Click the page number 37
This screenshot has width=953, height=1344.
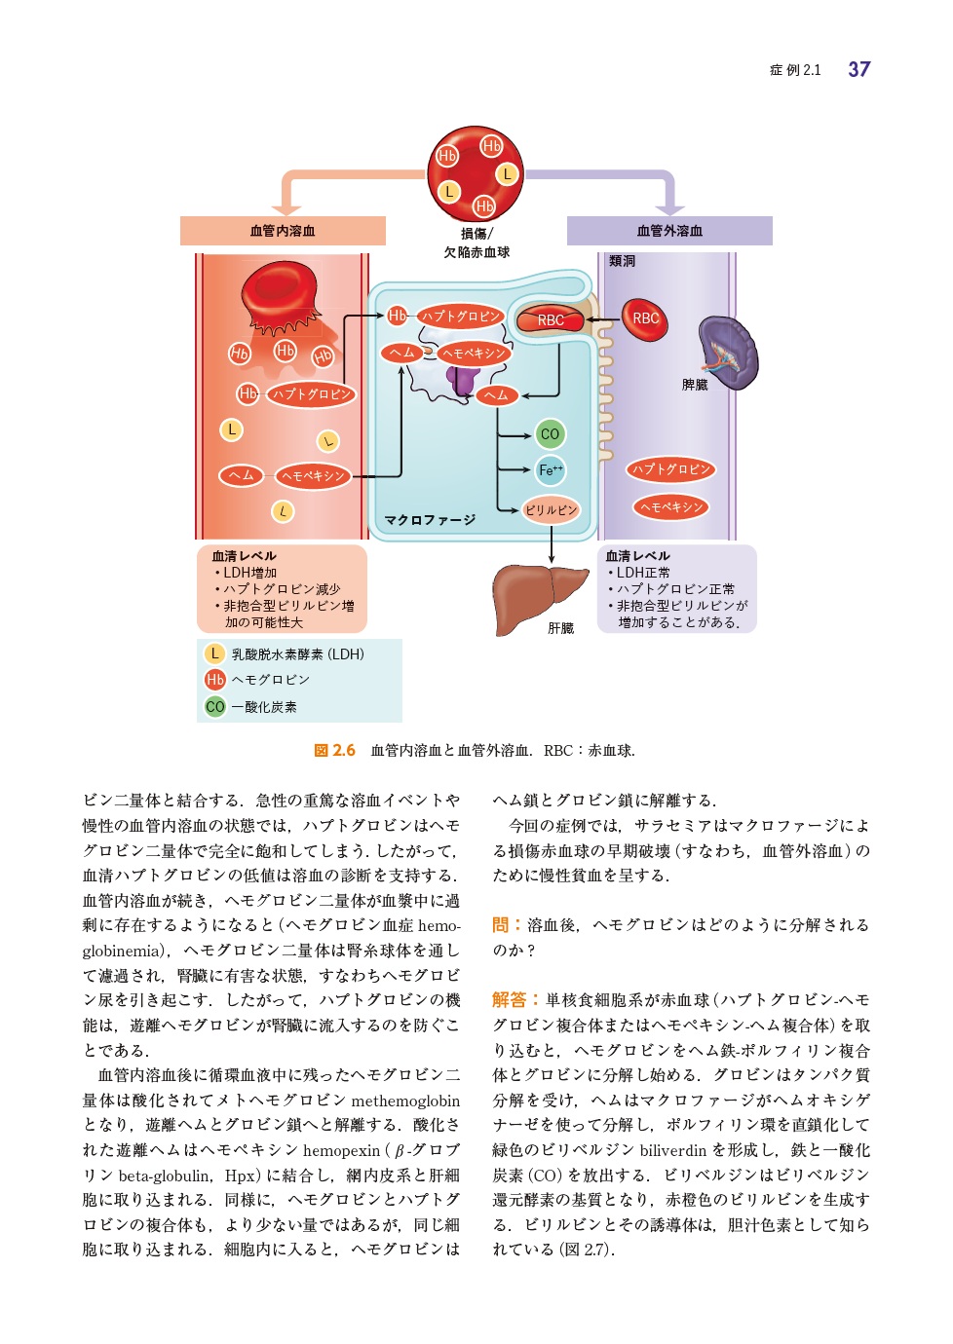coord(858,69)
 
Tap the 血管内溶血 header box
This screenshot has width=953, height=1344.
coord(283,231)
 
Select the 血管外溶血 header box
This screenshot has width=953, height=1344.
coord(669,231)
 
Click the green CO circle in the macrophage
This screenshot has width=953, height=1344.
coord(550,434)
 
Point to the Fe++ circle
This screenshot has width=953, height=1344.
coord(550,470)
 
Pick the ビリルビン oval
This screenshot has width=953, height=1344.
coord(550,510)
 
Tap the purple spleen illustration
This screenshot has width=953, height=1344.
coord(729,353)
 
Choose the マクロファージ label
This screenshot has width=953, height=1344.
coord(430,520)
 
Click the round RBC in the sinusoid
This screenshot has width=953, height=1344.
coord(645,319)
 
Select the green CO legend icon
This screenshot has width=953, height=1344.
coord(214,707)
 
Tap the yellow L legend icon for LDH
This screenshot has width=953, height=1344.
coord(214,654)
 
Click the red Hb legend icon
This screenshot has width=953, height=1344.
coord(214,680)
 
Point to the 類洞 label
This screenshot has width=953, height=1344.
coord(622,261)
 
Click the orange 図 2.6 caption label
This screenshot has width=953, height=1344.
coord(334,751)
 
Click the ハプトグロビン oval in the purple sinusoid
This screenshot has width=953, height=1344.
coord(670,469)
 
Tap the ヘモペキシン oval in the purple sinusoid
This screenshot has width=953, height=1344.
coord(670,507)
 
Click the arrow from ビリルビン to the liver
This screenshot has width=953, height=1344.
coord(551,544)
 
